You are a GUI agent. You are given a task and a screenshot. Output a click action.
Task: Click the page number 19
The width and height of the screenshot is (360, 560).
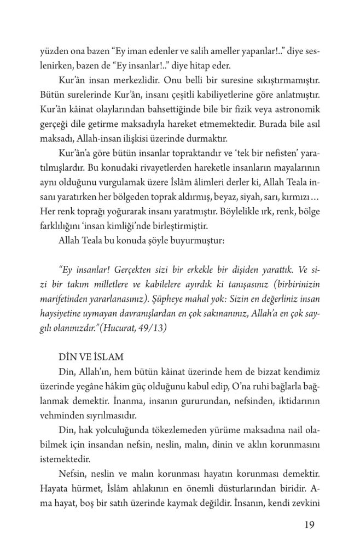click(x=307, y=526)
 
